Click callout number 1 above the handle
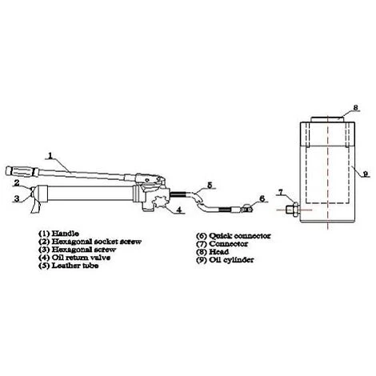pos(50,154)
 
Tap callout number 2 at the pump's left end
pos(15,182)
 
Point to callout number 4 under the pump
pos(181,211)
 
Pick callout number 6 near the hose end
pos(262,198)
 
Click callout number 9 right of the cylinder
pos(363,173)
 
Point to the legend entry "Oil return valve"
pos(73,257)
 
